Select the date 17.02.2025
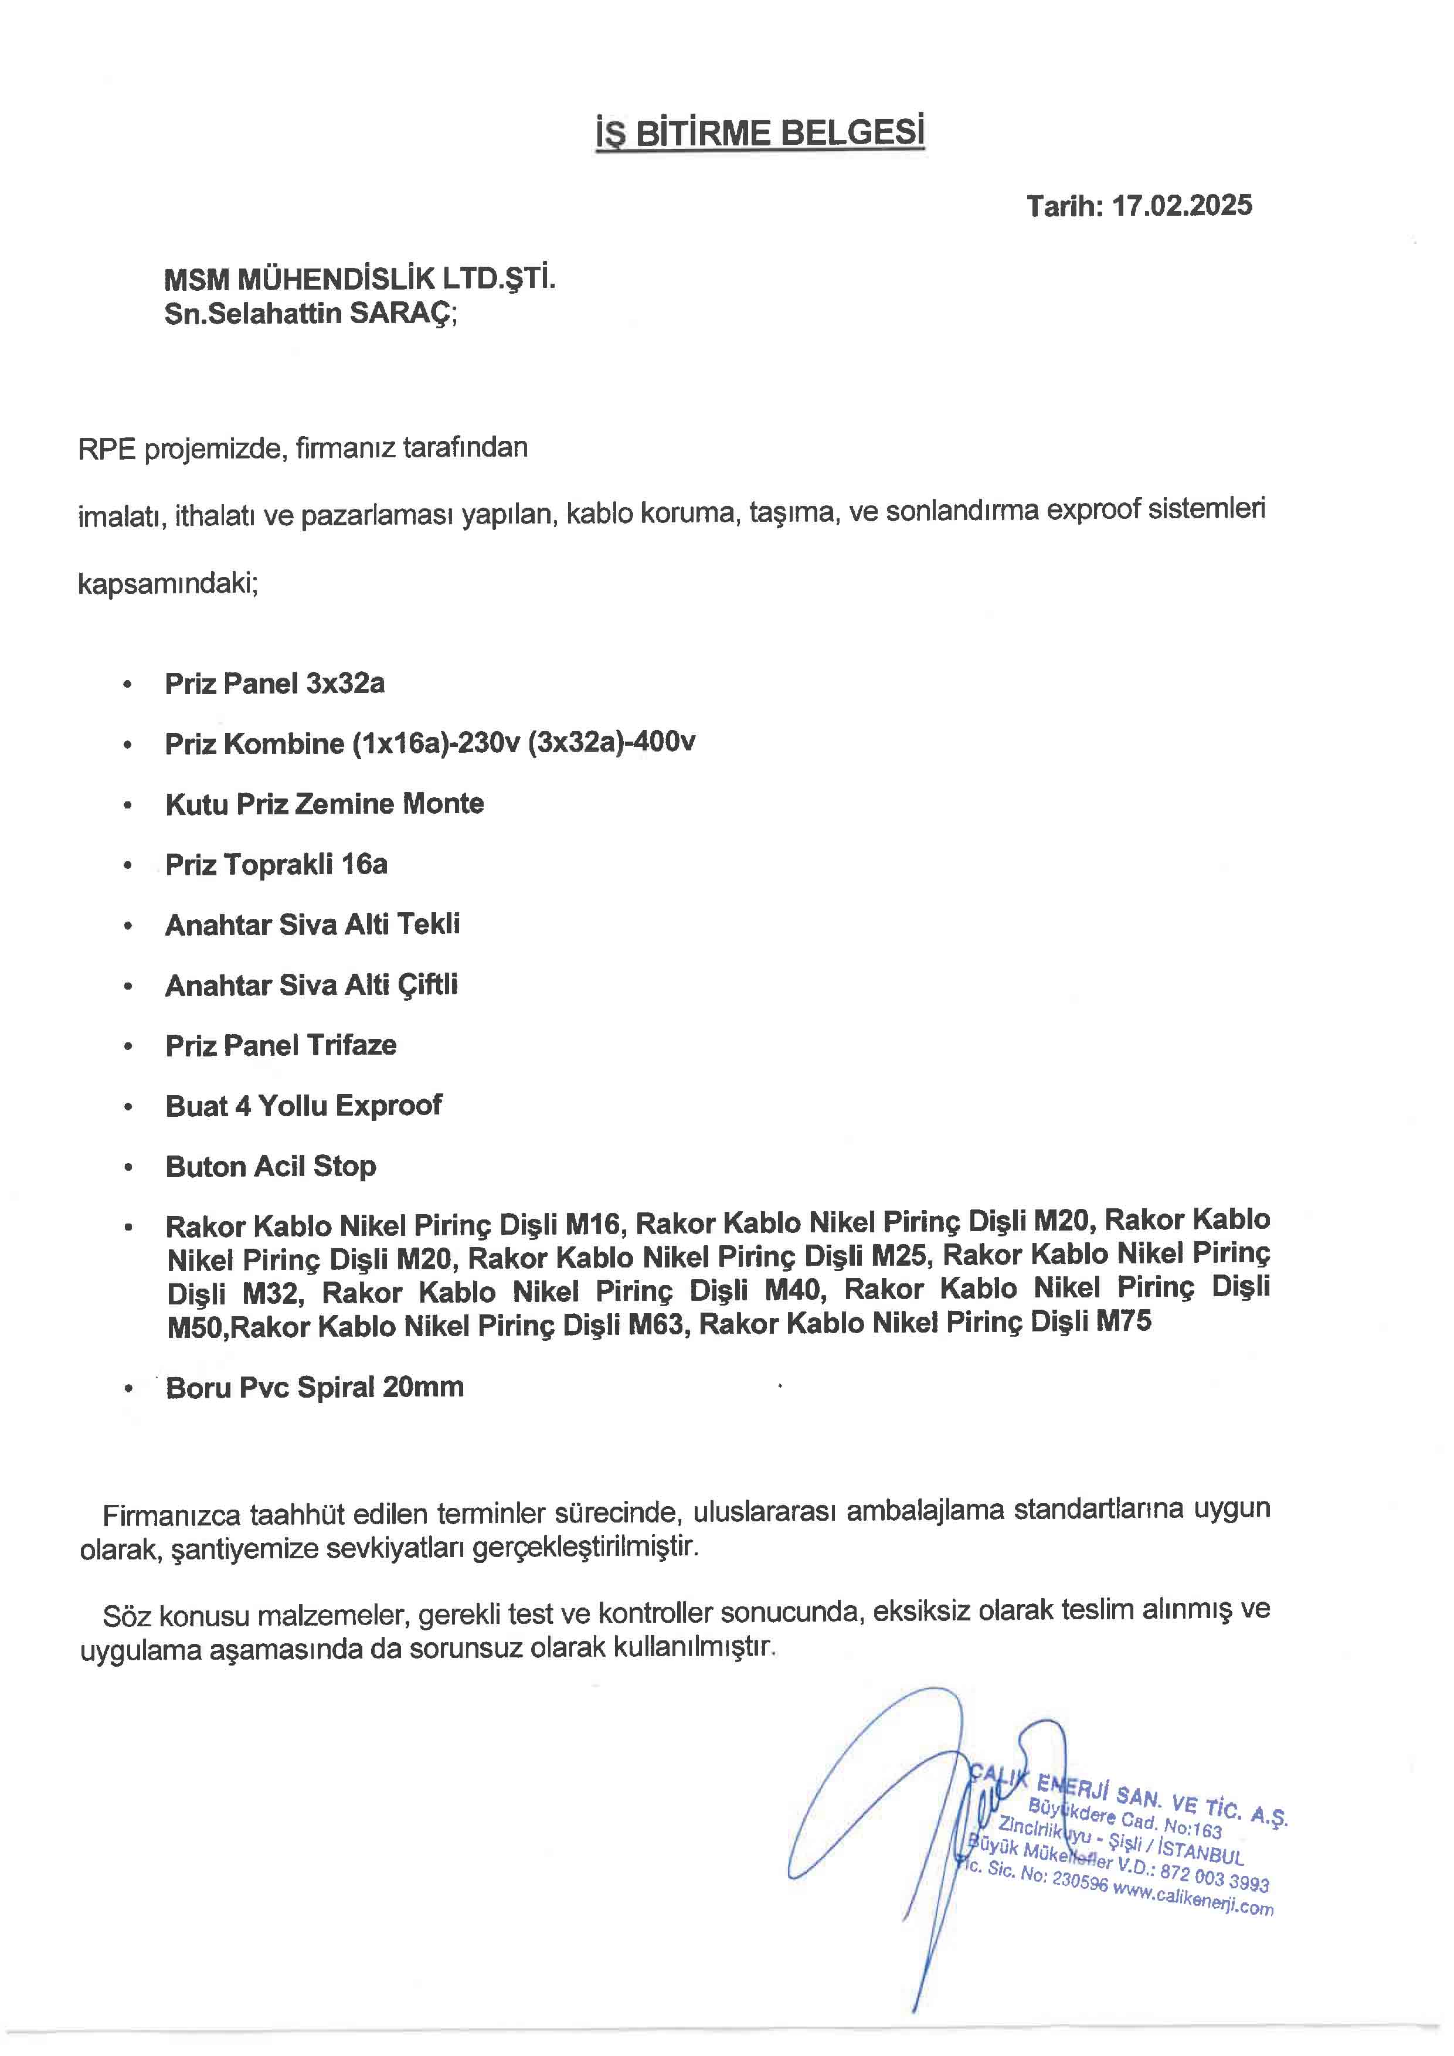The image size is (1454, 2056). (x=1182, y=206)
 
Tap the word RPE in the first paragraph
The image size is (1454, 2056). (x=107, y=448)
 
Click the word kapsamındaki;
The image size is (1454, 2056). (x=168, y=584)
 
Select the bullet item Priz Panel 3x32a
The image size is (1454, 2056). (x=275, y=684)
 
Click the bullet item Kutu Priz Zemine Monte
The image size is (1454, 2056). (x=324, y=804)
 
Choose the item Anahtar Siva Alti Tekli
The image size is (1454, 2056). (x=312, y=925)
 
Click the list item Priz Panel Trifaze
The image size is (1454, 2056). (x=280, y=1046)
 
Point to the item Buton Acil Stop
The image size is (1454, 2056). (x=270, y=1167)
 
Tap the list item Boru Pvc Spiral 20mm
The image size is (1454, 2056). (x=314, y=1388)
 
